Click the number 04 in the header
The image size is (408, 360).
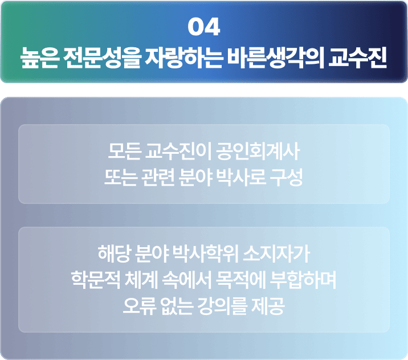[x=204, y=27]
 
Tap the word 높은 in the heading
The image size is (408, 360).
[x=39, y=58]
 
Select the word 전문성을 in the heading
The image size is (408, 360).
[x=102, y=58]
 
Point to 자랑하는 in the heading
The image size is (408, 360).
[x=184, y=58]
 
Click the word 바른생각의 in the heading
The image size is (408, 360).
[x=276, y=58]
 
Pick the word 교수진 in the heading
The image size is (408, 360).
[x=358, y=58]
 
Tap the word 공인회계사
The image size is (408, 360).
[x=258, y=152]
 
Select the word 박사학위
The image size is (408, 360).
[x=206, y=253]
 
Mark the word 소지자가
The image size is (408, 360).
[x=276, y=253]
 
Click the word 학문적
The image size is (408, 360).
[x=96, y=280]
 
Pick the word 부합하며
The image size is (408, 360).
[x=303, y=280]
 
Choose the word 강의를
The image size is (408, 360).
[x=222, y=306]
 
